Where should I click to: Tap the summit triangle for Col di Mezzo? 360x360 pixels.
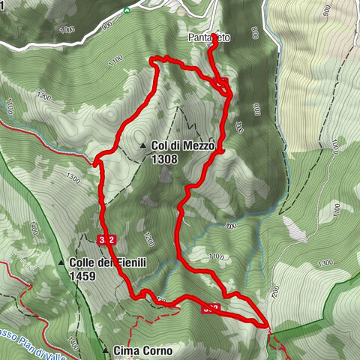[x=142, y=146]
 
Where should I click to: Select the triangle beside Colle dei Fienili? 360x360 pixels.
[x=61, y=263]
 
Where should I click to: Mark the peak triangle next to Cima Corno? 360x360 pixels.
[x=105, y=350]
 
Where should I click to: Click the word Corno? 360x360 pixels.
[x=157, y=350]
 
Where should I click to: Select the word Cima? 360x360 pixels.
[x=127, y=350]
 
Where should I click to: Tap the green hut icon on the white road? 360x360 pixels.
[x=127, y=10]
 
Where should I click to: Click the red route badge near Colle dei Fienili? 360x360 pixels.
[x=106, y=239]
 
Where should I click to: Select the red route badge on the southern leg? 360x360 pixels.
[x=211, y=307]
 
